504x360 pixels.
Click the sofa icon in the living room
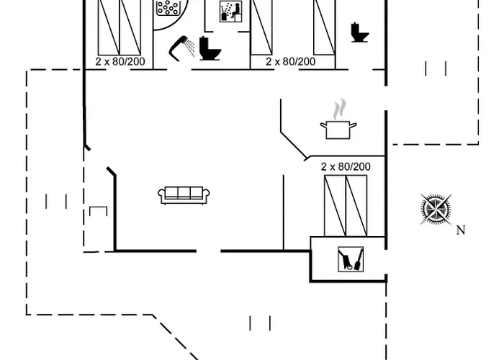184,195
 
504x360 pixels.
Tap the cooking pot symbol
338,130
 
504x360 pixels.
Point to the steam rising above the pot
339,109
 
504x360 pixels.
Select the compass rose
436,210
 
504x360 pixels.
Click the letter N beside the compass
461,230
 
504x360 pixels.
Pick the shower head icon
182,48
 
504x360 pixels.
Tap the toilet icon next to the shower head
210,49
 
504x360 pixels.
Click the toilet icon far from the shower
360,32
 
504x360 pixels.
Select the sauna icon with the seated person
231,12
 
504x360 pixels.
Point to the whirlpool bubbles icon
168,7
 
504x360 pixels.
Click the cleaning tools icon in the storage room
351,259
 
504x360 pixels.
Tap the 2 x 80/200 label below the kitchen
346,166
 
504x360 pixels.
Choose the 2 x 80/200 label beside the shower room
120,61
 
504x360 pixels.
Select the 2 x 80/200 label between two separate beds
291,61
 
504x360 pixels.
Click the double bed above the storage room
346,206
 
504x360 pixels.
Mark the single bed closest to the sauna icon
261,27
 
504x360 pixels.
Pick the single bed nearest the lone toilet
324,27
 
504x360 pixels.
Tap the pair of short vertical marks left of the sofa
56,202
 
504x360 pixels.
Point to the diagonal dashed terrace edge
176,338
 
